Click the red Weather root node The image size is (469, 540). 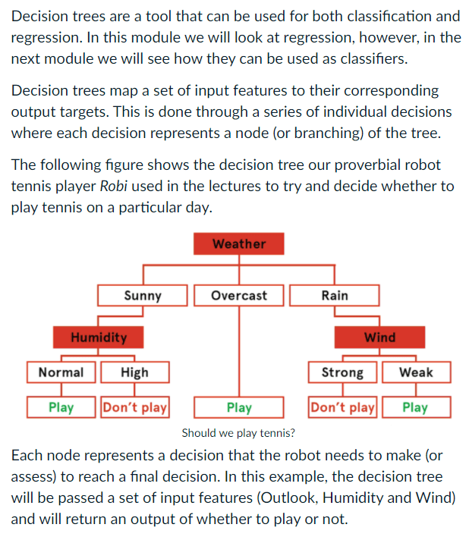[239, 243]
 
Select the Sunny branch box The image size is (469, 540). [142, 295]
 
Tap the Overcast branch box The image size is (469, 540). [239, 295]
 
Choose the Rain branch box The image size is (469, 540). [335, 295]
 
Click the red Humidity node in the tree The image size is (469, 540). [99, 337]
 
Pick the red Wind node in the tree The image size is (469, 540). [379, 337]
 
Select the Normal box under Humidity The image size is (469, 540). [61, 372]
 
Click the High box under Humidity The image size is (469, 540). [134, 372]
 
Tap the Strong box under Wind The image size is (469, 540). [343, 372]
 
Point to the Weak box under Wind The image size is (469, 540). [416, 372]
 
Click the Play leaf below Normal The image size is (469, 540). [61, 407]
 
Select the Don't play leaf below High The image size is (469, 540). [134, 407]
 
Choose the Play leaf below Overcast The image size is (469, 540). [239, 407]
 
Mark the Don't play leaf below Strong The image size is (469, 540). [343, 407]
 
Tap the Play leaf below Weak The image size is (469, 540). [416, 407]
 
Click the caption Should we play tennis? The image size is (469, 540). [239, 433]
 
